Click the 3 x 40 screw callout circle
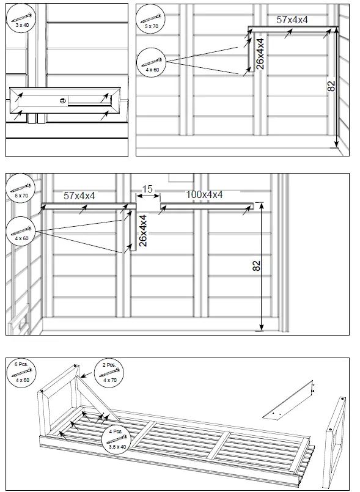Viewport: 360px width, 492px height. [21, 19]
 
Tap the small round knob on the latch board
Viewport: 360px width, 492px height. [62, 101]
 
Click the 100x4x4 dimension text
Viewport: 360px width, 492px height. [204, 195]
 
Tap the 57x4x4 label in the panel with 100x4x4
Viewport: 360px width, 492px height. [80, 196]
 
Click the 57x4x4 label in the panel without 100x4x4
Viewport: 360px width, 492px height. [292, 20]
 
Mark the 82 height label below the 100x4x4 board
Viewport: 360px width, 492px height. [256, 266]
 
